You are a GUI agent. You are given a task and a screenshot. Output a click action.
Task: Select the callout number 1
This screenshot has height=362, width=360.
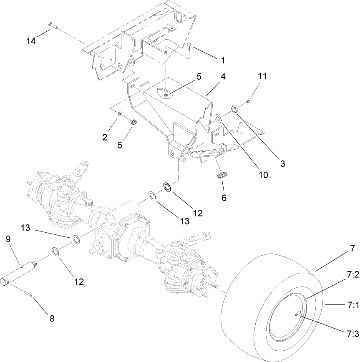[223, 60]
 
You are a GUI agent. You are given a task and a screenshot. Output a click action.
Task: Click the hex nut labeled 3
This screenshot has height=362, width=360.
[234, 108]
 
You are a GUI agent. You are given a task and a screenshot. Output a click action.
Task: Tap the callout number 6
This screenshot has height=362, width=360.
[224, 199]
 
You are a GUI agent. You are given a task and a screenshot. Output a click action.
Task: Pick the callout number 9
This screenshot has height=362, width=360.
[8, 239]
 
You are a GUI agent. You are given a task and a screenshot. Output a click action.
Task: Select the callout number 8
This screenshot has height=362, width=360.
[52, 319]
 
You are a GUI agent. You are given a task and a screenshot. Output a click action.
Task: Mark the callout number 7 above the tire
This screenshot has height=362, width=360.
[352, 249]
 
